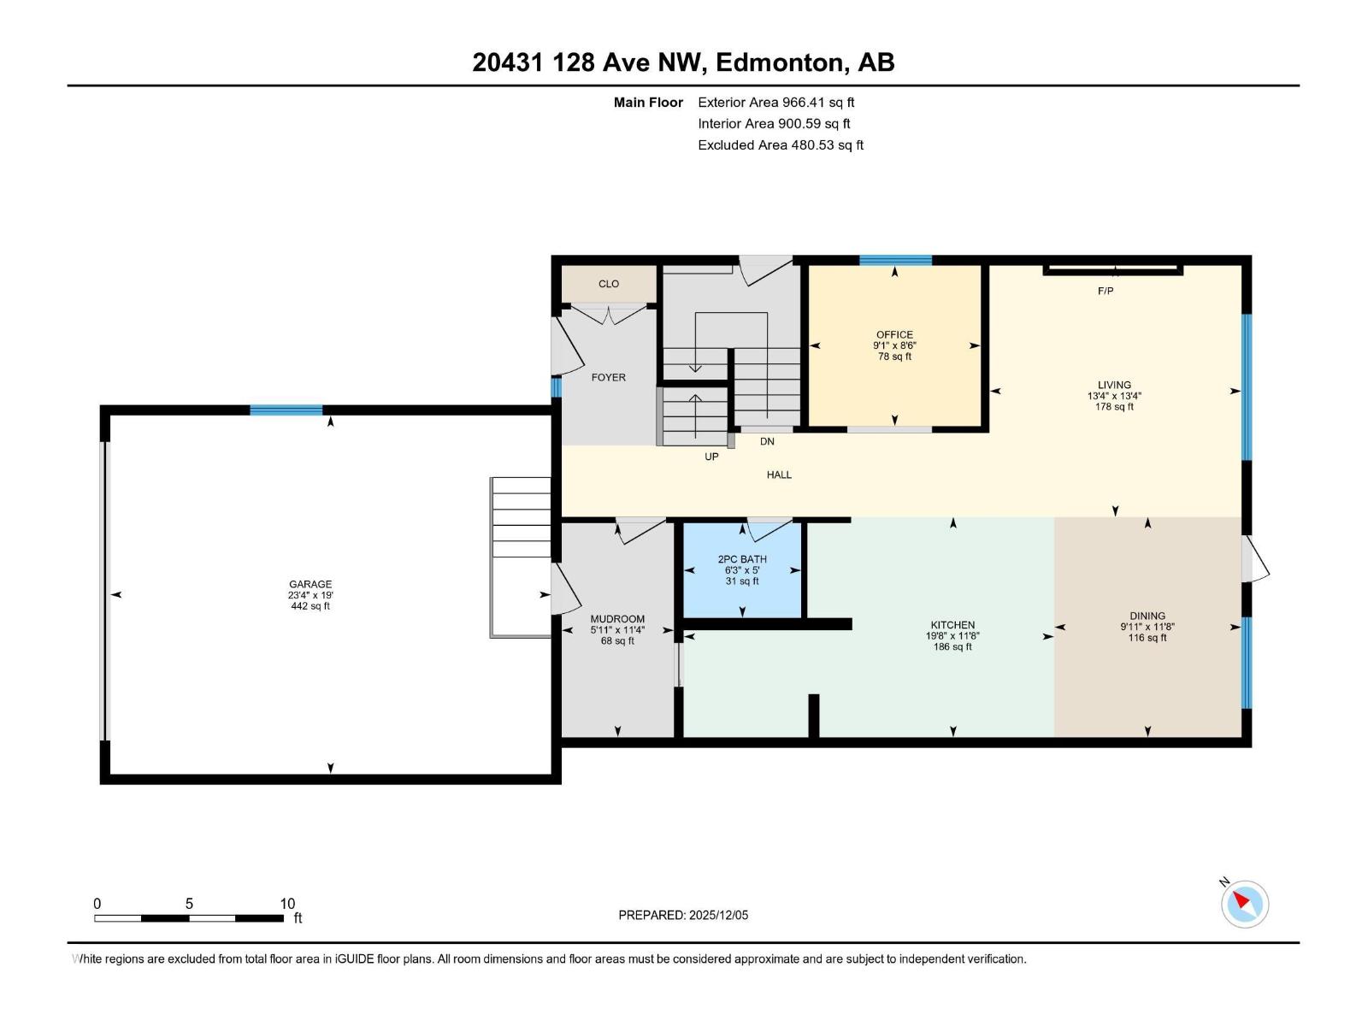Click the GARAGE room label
pos(310,585)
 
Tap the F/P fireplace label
pos(1105,292)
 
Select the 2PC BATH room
pos(742,570)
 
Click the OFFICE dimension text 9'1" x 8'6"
pos(894,346)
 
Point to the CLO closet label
pos(608,284)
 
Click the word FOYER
pos(608,377)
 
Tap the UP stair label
pos(711,457)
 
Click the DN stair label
pos(767,442)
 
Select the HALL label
pos(778,475)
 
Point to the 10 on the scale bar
pos(287,904)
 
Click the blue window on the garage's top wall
pos(286,410)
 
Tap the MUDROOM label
pos(617,619)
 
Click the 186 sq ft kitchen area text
pos(952,647)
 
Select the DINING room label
pos(1147,616)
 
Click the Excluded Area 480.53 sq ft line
pos(780,145)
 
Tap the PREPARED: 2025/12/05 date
pos(683,915)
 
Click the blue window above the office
pos(894,261)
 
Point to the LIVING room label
pos(1114,385)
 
